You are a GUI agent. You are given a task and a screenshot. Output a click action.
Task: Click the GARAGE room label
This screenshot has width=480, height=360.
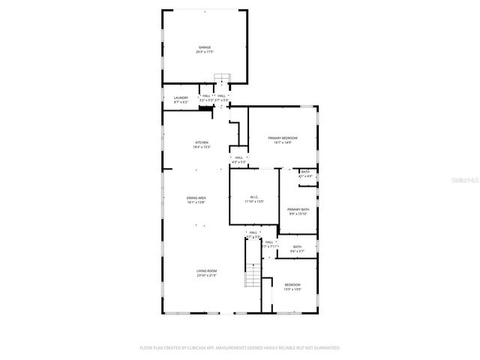coord(205,47)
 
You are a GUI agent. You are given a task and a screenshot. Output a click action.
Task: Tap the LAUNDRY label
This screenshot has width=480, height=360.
coord(181,97)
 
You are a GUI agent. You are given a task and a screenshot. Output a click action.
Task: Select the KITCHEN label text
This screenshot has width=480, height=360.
coord(202,142)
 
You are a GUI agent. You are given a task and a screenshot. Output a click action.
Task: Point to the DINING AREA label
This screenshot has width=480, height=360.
coord(196,197)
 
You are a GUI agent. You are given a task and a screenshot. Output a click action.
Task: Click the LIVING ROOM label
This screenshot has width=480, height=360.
coord(207,271)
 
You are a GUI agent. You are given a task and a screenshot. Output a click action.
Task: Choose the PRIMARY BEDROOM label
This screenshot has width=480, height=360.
coord(283,138)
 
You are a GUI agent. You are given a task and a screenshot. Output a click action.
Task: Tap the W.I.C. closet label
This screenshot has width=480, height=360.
coord(254,196)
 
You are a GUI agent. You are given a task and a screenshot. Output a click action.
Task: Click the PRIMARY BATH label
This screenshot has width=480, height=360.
coord(298,209)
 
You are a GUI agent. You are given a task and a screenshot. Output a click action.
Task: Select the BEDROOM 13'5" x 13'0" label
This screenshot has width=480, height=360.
coord(292,284)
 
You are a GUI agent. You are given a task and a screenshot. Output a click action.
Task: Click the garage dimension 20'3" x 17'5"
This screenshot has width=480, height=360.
coord(205,52)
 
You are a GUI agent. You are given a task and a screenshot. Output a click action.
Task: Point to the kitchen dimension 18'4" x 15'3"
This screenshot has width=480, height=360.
coord(202,147)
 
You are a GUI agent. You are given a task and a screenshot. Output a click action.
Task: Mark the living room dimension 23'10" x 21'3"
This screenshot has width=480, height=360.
coord(207,275)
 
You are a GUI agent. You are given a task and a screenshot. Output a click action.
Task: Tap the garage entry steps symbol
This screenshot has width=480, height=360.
coord(222,77)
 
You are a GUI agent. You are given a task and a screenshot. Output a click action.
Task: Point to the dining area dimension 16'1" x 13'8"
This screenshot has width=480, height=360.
coord(196,202)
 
